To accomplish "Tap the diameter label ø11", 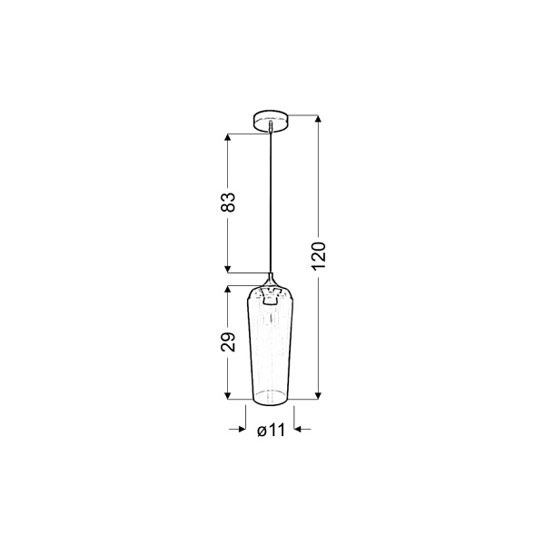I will (271, 431).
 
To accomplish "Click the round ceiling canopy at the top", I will (271, 119).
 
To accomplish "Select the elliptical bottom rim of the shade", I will (271, 396).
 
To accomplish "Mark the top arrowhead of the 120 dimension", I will (318, 119).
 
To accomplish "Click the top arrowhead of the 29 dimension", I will (227, 289).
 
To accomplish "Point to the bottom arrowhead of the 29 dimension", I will (227, 395).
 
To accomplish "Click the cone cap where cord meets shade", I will (271, 278).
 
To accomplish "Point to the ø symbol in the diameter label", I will (262, 431).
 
